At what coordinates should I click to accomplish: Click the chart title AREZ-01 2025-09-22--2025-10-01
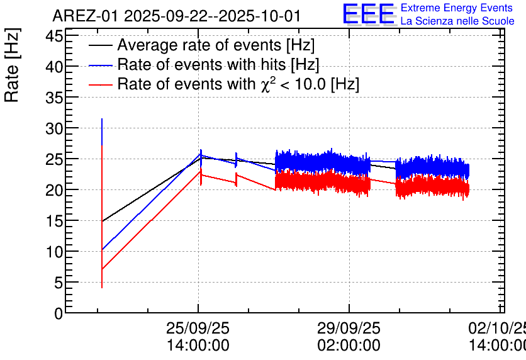[x=176, y=16]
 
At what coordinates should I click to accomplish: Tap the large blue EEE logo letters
[x=369, y=14]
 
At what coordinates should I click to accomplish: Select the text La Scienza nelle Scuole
[x=457, y=21]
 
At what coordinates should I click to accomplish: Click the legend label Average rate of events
[x=216, y=46]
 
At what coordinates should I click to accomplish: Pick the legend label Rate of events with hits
[x=218, y=65]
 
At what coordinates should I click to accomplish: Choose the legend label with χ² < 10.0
[x=238, y=84]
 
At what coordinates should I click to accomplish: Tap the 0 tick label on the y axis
[x=59, y=313]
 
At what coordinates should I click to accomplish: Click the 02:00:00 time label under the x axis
[x=349, y=345]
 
